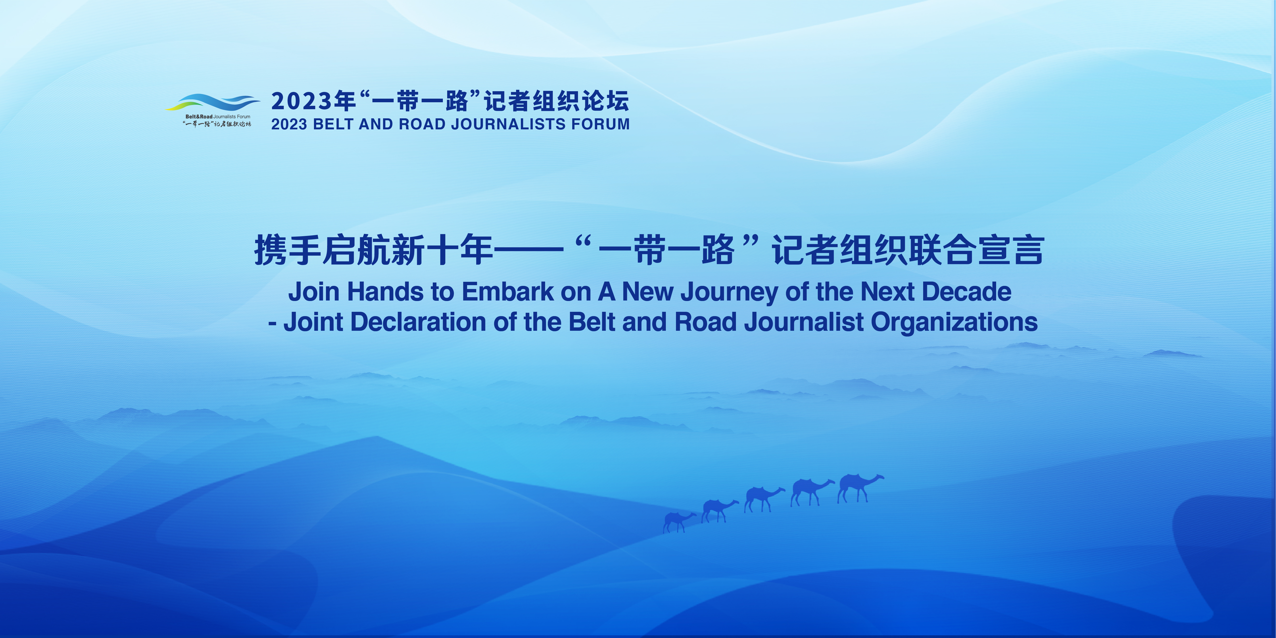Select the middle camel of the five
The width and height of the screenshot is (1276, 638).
tap(764, 499)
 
